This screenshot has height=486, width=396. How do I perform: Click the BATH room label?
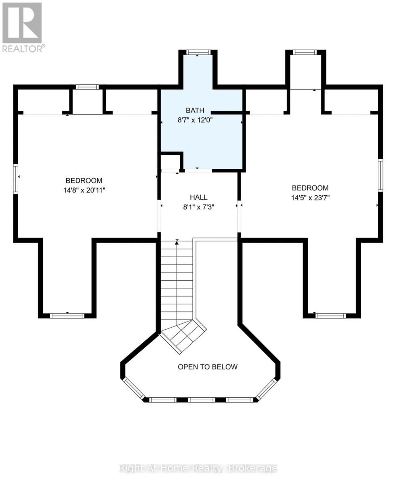point(195,111)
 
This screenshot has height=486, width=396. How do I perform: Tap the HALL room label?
point(198,197)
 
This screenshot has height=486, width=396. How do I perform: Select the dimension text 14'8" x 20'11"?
point(84,190)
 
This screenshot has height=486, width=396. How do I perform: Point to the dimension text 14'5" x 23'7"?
point(310,197)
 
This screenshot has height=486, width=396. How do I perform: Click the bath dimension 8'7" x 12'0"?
point(195,120)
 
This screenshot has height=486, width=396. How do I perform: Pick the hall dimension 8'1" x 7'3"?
point(199,207)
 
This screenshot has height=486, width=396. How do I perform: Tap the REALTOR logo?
point(22,27)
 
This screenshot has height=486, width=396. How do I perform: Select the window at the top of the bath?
point(197,52)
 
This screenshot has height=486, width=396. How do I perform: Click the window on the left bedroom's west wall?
point(15,179)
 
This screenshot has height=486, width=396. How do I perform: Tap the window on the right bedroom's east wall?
point(380,175)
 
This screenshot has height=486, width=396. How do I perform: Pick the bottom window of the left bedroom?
point(67,315)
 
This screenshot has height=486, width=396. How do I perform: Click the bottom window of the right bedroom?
point(330,315)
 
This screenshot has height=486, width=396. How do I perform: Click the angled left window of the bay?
point(134,388)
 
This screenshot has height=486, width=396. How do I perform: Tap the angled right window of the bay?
point(266,388)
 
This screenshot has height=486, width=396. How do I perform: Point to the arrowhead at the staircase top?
point(177,243)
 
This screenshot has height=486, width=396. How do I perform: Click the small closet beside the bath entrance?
point(171,162)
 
